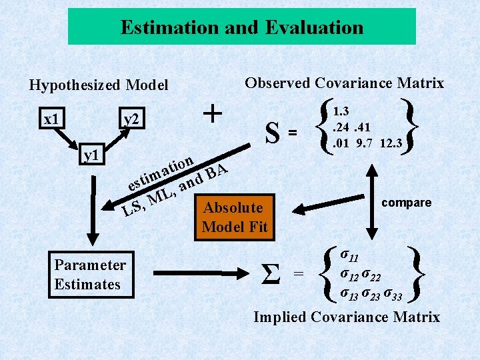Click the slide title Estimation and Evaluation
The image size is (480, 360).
pyautogui.click(x=242, y=27)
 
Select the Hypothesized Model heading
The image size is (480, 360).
pyautogui.click(x=98, y=85)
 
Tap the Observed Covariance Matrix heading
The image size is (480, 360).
pyautogui.click(x=344, y=83)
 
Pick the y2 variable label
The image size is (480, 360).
pyautogui.click(x=131, y=119)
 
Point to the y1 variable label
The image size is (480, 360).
pyautogui.click(x=91, y=155)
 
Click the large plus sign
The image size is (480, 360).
pyautogui.click(x=213, y=113)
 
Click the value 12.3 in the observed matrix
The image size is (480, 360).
pyautogui.click(x=389, y=143)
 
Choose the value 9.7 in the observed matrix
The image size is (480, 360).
pyautogui.click(x=364, y=143)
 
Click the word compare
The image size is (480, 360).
pyautogui.click(x=407, y=203)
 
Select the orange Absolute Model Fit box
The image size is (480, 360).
pyautogui.click(x=234, y=217)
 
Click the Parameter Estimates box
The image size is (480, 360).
pyautogui.click(x=90, y=274)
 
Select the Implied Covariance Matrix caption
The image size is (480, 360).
pyautogui.click(x=347, y=317)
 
